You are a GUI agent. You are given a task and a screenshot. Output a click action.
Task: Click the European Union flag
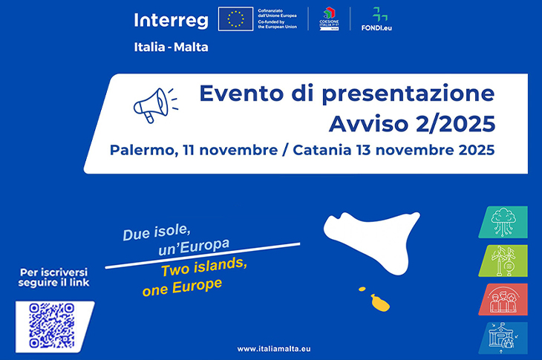(237, 19)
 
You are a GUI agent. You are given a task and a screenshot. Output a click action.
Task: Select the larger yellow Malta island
(381, 302)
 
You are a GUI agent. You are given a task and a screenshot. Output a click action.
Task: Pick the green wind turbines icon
(503, 261)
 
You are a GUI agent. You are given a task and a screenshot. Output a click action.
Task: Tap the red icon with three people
(503, 299)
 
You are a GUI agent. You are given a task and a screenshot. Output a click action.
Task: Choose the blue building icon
(503, 338)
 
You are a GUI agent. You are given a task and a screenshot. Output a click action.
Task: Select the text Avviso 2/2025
(411, 122)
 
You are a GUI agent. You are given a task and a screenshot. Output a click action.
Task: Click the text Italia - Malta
(171, 47)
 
